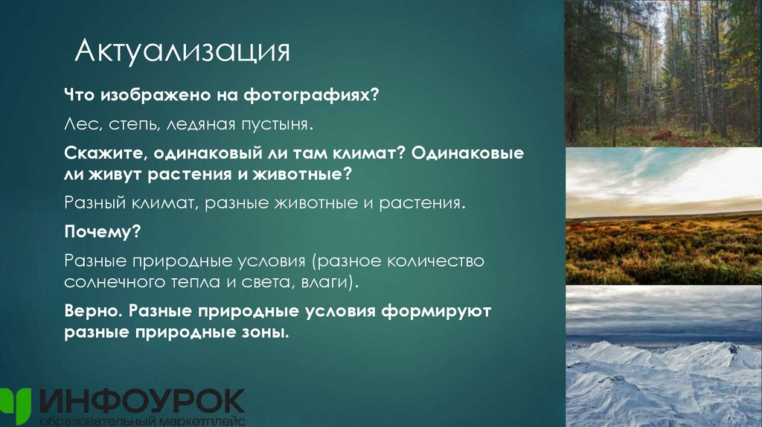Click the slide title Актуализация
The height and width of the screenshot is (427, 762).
(x=182, y=52)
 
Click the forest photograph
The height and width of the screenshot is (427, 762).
(x=663, y=73)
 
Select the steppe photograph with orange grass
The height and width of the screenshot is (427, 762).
(x=663, y=216)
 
